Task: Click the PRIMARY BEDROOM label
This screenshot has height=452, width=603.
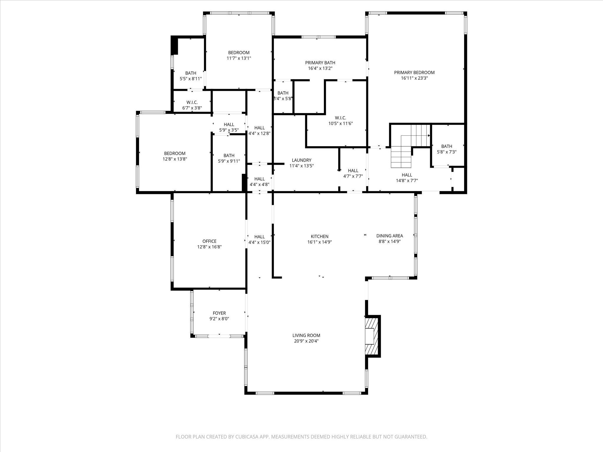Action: (x=414, y=72)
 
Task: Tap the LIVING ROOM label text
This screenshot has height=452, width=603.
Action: (x=306, y=335)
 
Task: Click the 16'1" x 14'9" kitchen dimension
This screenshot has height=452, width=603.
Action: (x=319, y=242)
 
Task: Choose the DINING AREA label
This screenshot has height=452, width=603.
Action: (x=390, y=236)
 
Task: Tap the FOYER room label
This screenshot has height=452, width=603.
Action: (x=219, y=313)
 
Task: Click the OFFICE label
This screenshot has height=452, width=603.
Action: (x=209, y=241)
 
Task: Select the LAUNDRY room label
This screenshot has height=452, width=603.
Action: (x=301, y=160)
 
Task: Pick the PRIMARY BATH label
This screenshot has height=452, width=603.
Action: (x=320, y=63)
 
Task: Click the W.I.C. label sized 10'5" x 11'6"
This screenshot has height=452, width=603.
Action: (x=340, y=118)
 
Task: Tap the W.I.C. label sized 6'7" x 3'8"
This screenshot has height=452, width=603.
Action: (x=192, y=102)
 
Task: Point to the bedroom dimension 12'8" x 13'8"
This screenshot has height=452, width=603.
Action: (x=175, y=159)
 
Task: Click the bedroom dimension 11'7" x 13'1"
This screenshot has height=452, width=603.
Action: (x=239, y=58)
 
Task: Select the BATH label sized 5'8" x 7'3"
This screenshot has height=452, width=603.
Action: (x=447, y=146)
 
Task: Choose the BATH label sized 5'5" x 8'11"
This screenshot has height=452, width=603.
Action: (x=191, y=73)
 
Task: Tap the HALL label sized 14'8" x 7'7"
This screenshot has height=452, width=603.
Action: (x=407, y=175)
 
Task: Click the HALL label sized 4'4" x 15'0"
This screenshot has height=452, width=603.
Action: (x=259, y=237)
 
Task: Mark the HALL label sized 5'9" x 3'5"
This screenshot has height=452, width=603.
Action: (x=229, y=124)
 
